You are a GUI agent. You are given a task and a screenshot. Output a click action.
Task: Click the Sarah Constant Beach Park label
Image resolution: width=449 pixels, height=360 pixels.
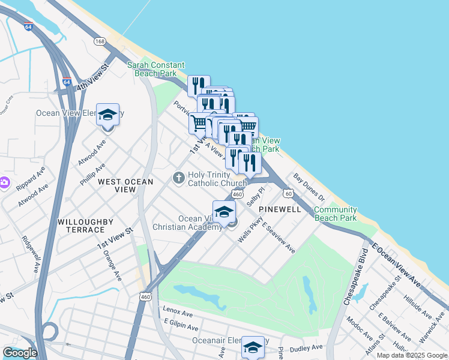pyautogui.click(x=155, y=69)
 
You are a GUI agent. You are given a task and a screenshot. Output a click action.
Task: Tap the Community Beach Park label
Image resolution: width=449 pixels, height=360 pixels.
pyautogui.click(x=335, y=214)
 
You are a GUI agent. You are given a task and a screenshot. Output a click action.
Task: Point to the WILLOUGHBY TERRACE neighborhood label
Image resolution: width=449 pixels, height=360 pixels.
pyautogui.click(x=85, y=226)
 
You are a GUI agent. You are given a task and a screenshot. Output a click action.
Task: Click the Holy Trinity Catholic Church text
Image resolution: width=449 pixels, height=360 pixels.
pyautogui.click(x=217, y=179)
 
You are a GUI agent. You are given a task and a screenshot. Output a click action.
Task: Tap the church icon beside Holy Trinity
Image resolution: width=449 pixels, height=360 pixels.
pyautogui.click(x=178, y=178)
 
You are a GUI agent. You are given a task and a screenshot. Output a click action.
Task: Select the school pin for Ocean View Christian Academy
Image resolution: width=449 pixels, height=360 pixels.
pyautogui.click(x=224, y=212)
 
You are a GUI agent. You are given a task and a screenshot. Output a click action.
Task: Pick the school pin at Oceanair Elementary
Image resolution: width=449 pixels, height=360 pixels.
pyautogui.click(x=253, y=347)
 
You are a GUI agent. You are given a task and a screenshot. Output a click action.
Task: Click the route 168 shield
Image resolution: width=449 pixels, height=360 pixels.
pyautogui.click(x=100, y=41)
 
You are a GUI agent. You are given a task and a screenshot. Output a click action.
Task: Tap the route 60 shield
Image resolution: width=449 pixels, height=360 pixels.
pyautogui.click(x=289, y=193)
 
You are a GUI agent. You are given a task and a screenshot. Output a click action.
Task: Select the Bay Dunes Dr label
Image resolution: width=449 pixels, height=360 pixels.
pyautogui.click(x=309, y=187)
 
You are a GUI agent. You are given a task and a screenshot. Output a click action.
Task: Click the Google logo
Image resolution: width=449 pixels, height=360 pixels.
pyautogui.click(x=20, y=353)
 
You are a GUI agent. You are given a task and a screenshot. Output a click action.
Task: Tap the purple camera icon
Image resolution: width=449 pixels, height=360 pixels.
pyautogui.click(x=4, y=182)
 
